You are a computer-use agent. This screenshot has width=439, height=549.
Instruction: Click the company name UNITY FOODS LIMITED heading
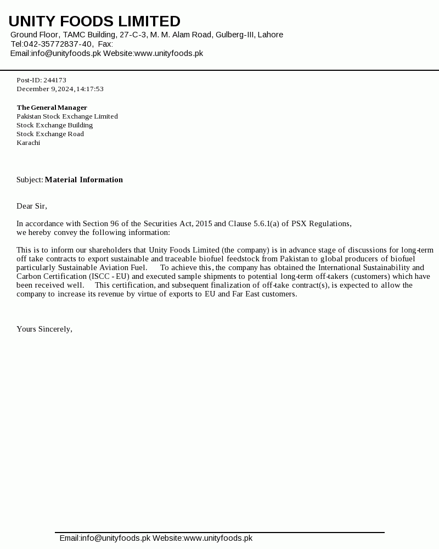point(94,21)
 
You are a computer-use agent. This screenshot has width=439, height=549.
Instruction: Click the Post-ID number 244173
point(55,80)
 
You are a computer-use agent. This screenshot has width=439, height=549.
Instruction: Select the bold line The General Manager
point(52,108)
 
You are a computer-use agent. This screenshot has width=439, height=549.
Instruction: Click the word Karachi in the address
point(28,143)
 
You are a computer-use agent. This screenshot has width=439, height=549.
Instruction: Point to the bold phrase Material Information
point(83,180)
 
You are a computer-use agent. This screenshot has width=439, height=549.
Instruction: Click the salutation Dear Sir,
point(32,206)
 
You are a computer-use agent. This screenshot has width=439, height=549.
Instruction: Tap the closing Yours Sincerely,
point(44,329)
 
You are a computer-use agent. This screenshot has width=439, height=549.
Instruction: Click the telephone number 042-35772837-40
point(58,44)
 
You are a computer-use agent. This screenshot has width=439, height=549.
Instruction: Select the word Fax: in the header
point(105,44)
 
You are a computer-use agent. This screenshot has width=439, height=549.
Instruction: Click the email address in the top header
point(65,53)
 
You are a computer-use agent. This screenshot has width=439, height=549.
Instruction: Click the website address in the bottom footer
point(218,538)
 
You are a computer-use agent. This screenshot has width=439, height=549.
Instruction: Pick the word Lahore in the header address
point(271,35)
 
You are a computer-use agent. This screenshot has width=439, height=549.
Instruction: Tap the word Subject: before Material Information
point(30,180)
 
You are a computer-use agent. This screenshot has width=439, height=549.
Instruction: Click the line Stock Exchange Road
point(50,134)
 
